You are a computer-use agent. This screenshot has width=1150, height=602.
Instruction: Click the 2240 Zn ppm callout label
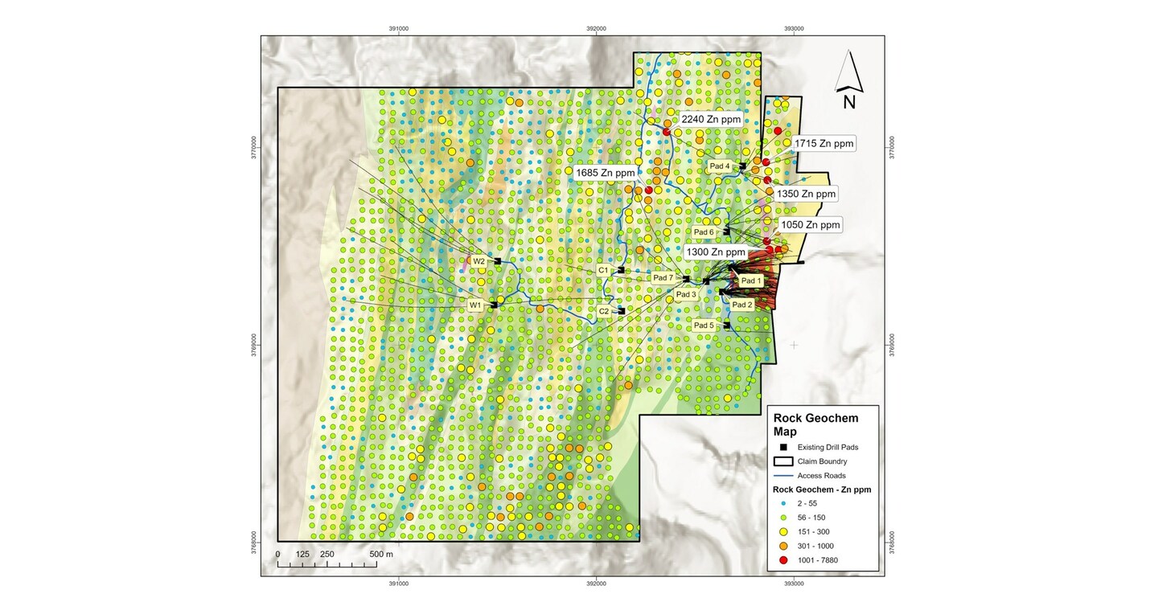[710, 119]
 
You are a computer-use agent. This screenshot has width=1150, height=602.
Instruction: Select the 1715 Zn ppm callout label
[823, 144]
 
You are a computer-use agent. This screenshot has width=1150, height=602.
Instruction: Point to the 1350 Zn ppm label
[806, 194]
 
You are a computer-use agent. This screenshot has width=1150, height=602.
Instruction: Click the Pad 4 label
[719, 166]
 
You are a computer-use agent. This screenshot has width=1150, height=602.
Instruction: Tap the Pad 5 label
[704, 326]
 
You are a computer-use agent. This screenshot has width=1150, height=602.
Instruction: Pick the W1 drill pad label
[475, 305]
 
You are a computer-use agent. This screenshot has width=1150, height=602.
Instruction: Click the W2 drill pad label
[478, 261]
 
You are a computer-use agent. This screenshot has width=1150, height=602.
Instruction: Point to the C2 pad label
[604, 310]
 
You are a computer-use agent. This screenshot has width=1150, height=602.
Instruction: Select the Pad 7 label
[663, 278]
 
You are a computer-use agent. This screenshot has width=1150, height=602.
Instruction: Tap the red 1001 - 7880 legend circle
[779, 560]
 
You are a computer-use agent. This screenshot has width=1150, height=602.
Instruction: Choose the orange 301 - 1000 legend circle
[779, 546]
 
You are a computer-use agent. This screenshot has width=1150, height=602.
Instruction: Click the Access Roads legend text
[821, 476]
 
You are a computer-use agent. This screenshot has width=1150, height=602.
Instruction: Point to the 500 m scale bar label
[381, 555]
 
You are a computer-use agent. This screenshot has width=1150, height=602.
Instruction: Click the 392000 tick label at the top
[596, 28]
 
